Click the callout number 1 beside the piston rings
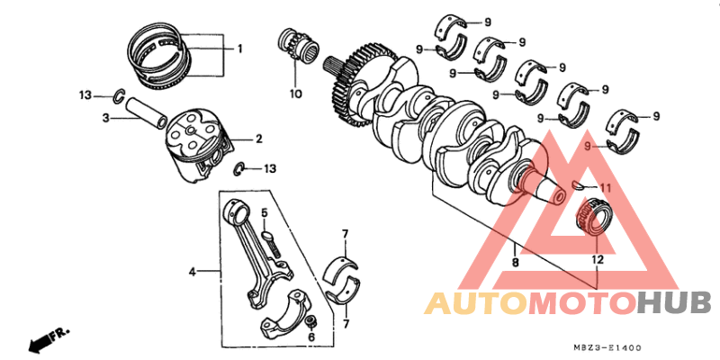coord(240,49)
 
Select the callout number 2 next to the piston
coord(258,139)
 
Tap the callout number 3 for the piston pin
coord(105,118)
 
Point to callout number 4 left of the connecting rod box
coord(192,270)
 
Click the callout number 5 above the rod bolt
coord(265,212)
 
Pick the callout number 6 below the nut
coord(311,337)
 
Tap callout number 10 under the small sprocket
coord(294,94)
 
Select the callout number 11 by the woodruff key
coord(605,187)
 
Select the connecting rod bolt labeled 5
coord(272,240)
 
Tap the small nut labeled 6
coord(310,321)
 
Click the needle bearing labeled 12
coord(593,219)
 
